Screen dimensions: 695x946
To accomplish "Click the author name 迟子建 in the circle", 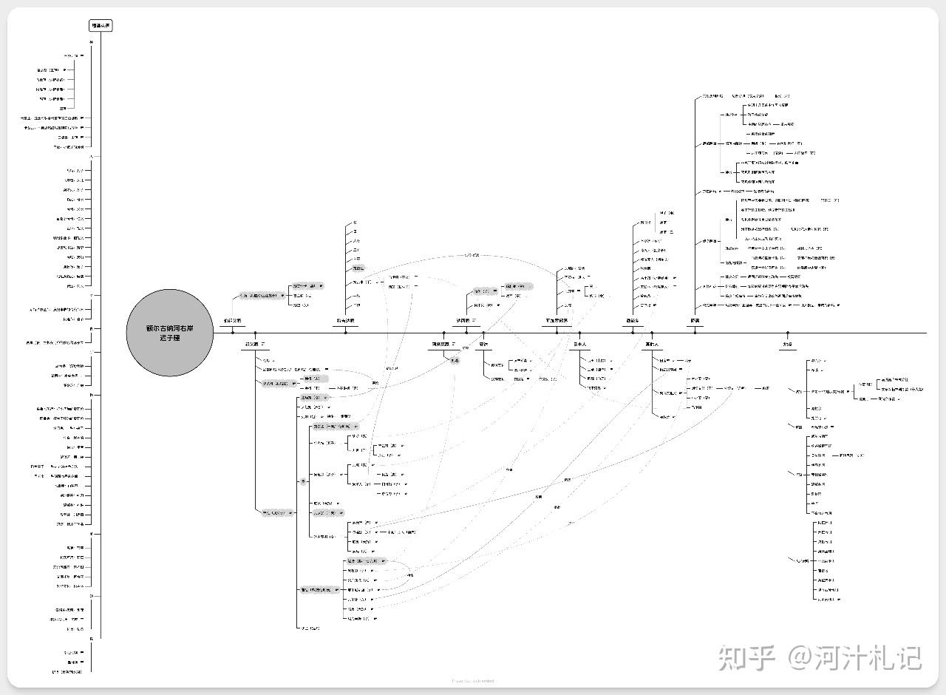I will point(169,338).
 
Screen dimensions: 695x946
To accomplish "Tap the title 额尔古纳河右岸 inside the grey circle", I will point(169,328).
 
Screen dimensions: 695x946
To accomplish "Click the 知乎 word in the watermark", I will point(746,657).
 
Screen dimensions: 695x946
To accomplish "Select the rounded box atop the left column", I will point(101,26).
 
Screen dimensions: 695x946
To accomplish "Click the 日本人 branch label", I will point(580,344).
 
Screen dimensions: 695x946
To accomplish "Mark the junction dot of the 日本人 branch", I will point(580,333).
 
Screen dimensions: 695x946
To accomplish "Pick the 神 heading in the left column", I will point(92,42).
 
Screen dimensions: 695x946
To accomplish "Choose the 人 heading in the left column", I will point(92,156).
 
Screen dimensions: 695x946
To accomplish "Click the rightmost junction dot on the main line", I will point(788,333).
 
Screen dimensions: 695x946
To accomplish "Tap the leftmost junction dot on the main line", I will point(233,333).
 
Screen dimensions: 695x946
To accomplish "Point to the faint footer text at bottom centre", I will point(472,681).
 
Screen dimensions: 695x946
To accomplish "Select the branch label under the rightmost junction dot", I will point(788,344).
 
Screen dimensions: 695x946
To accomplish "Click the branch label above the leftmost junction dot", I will point(233,322).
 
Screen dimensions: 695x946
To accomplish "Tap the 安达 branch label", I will point(484,344).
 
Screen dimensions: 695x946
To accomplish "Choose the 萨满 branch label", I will point(695,322).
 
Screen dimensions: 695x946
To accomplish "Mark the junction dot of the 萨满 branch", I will point(695,333).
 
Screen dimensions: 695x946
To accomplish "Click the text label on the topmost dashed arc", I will point(472,255).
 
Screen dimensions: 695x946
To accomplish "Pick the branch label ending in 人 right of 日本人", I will point(652,344).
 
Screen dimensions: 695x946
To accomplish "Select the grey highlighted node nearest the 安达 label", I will point(456,360).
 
